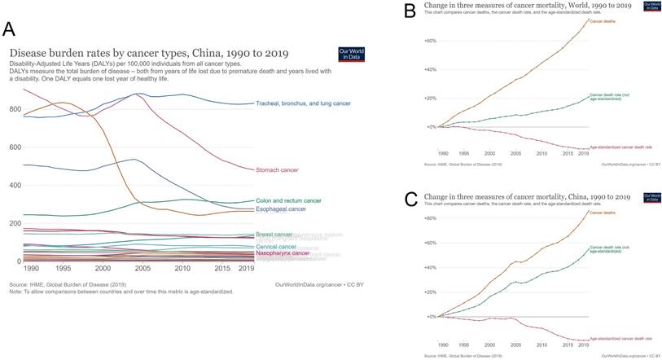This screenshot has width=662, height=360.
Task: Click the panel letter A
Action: pos(10,29)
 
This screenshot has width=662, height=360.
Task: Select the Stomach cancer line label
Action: pos(278,169)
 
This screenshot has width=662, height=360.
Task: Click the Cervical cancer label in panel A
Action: pos(276,246)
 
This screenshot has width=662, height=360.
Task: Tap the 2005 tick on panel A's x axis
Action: pos(140,268)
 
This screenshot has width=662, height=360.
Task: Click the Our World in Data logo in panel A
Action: pos(349,55)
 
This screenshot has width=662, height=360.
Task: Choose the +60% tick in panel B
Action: pos(430,40)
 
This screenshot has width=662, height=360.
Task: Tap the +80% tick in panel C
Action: pos(430,218)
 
